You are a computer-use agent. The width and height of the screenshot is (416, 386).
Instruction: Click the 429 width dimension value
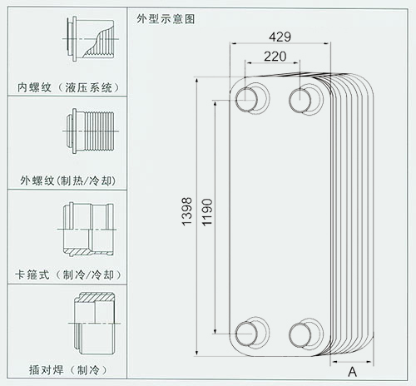(280, 37)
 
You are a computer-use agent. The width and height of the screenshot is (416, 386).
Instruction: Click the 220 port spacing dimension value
(275, 57)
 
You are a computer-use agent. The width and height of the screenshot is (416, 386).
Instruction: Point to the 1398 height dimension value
(187, 211)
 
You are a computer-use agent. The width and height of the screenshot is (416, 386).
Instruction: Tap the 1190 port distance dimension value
(207, 212)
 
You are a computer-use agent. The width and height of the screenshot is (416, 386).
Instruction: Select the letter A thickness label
(352, 372)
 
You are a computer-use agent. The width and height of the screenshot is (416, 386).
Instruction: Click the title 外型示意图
(166, 19)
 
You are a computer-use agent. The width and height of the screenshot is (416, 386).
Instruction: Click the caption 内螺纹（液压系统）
(69, 87)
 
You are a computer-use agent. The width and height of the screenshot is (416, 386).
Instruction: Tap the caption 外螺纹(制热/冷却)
(68, 181)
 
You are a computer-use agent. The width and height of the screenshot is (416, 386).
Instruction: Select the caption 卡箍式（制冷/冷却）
(68, 275)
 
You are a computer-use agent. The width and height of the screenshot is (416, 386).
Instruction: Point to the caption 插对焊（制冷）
(68, 370)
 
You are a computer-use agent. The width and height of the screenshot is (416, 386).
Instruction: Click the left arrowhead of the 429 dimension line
(233, 43)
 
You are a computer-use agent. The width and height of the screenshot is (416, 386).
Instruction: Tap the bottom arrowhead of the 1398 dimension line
(196, 353)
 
